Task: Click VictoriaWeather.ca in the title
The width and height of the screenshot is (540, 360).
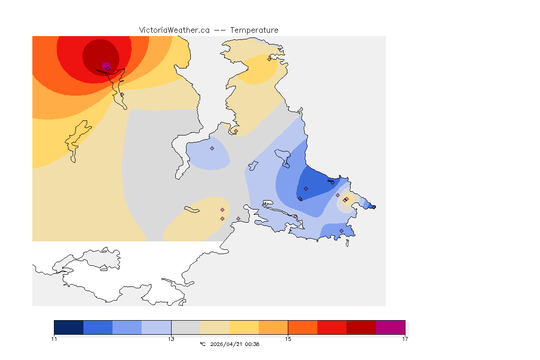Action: (174, 30)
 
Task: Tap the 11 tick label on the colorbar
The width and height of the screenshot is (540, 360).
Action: (54, 339)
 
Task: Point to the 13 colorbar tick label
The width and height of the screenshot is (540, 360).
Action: (171, 339)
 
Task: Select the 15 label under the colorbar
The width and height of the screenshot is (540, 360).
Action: (288, 339)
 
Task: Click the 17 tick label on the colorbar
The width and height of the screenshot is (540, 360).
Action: (405, 339)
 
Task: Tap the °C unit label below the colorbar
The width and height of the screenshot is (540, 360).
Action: (202, 345)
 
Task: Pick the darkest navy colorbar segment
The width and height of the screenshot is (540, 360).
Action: (69, 327)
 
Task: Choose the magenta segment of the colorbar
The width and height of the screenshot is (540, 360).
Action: (390, 327)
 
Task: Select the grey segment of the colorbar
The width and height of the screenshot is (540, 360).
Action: (186, 327)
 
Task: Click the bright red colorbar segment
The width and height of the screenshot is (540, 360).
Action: (332, 327)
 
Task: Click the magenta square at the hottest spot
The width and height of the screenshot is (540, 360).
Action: (105, 65)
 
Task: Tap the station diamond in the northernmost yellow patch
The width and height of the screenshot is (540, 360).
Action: (269, 59)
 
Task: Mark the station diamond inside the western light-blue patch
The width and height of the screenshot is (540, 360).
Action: (212, 148)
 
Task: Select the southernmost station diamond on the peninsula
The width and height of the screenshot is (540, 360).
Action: (341, 231)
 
